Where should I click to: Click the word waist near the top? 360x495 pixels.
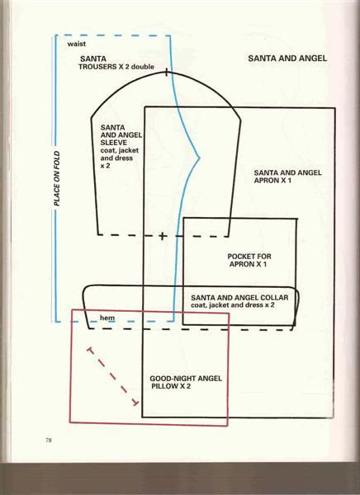[x=76, y=44]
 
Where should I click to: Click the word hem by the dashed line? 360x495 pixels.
[x=107, y=318]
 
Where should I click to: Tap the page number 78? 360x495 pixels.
[x=49, y=440]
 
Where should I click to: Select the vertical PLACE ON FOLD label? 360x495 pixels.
[x=57, y=178]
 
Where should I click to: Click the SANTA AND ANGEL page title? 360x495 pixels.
[x=287, y=58]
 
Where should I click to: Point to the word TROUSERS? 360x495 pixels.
[x=97, y=67]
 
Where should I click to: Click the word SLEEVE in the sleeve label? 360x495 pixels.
[x=114, y=143]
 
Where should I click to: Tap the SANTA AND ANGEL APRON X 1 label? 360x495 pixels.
[x=287, y=177]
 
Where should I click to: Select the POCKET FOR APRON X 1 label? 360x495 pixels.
[x=249, y=260]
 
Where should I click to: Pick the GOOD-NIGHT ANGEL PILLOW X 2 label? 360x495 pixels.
[x=186, y=382]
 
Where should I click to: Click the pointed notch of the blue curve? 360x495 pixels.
[x=200, y=158]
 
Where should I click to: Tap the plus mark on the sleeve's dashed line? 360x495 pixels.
[x=162, y=236]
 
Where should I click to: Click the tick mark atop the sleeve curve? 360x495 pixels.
[x=167, y=73]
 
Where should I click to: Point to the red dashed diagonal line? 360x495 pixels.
[x=113, y=377]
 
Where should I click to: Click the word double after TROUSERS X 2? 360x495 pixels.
[x=143, y=67]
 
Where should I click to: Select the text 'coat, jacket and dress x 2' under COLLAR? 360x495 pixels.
[x=232, y=305]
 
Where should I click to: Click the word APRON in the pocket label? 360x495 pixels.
[x=242, y=264]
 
